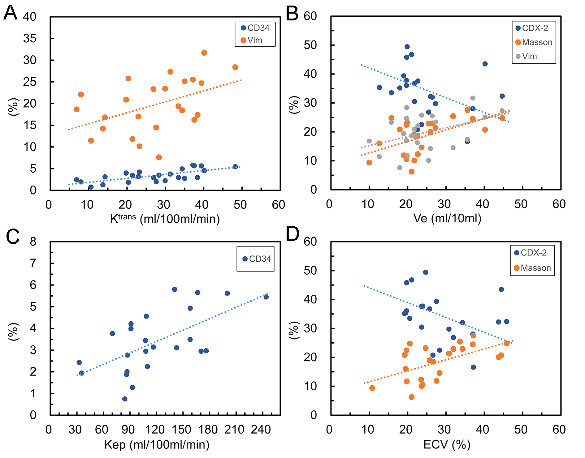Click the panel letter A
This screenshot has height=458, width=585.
tap(10, 13)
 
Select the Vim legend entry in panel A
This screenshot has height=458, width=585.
tap(252, 40)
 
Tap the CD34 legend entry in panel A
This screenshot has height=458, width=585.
tap(255, 28)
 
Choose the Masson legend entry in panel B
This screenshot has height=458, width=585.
tap(534, 42)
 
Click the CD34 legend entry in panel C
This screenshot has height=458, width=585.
tap(257, 259)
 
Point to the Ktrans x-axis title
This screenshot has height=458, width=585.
tap(165, 219)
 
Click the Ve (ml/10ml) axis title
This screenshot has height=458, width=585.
tap(447, 218)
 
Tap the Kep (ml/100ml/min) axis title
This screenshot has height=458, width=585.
tap(157, 444)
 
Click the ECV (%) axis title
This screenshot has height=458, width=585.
tap(447, 444)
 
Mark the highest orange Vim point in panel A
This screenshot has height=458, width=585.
tap(204, 53)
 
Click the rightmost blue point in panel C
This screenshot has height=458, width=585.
tap(266, 297)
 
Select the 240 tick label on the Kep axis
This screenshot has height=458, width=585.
tap(261, 430)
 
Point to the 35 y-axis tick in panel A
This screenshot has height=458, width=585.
tap(30, 39)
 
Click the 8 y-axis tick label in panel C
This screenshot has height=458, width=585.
tap(33, 242)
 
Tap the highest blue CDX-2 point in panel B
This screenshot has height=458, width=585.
tap(407, 47)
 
